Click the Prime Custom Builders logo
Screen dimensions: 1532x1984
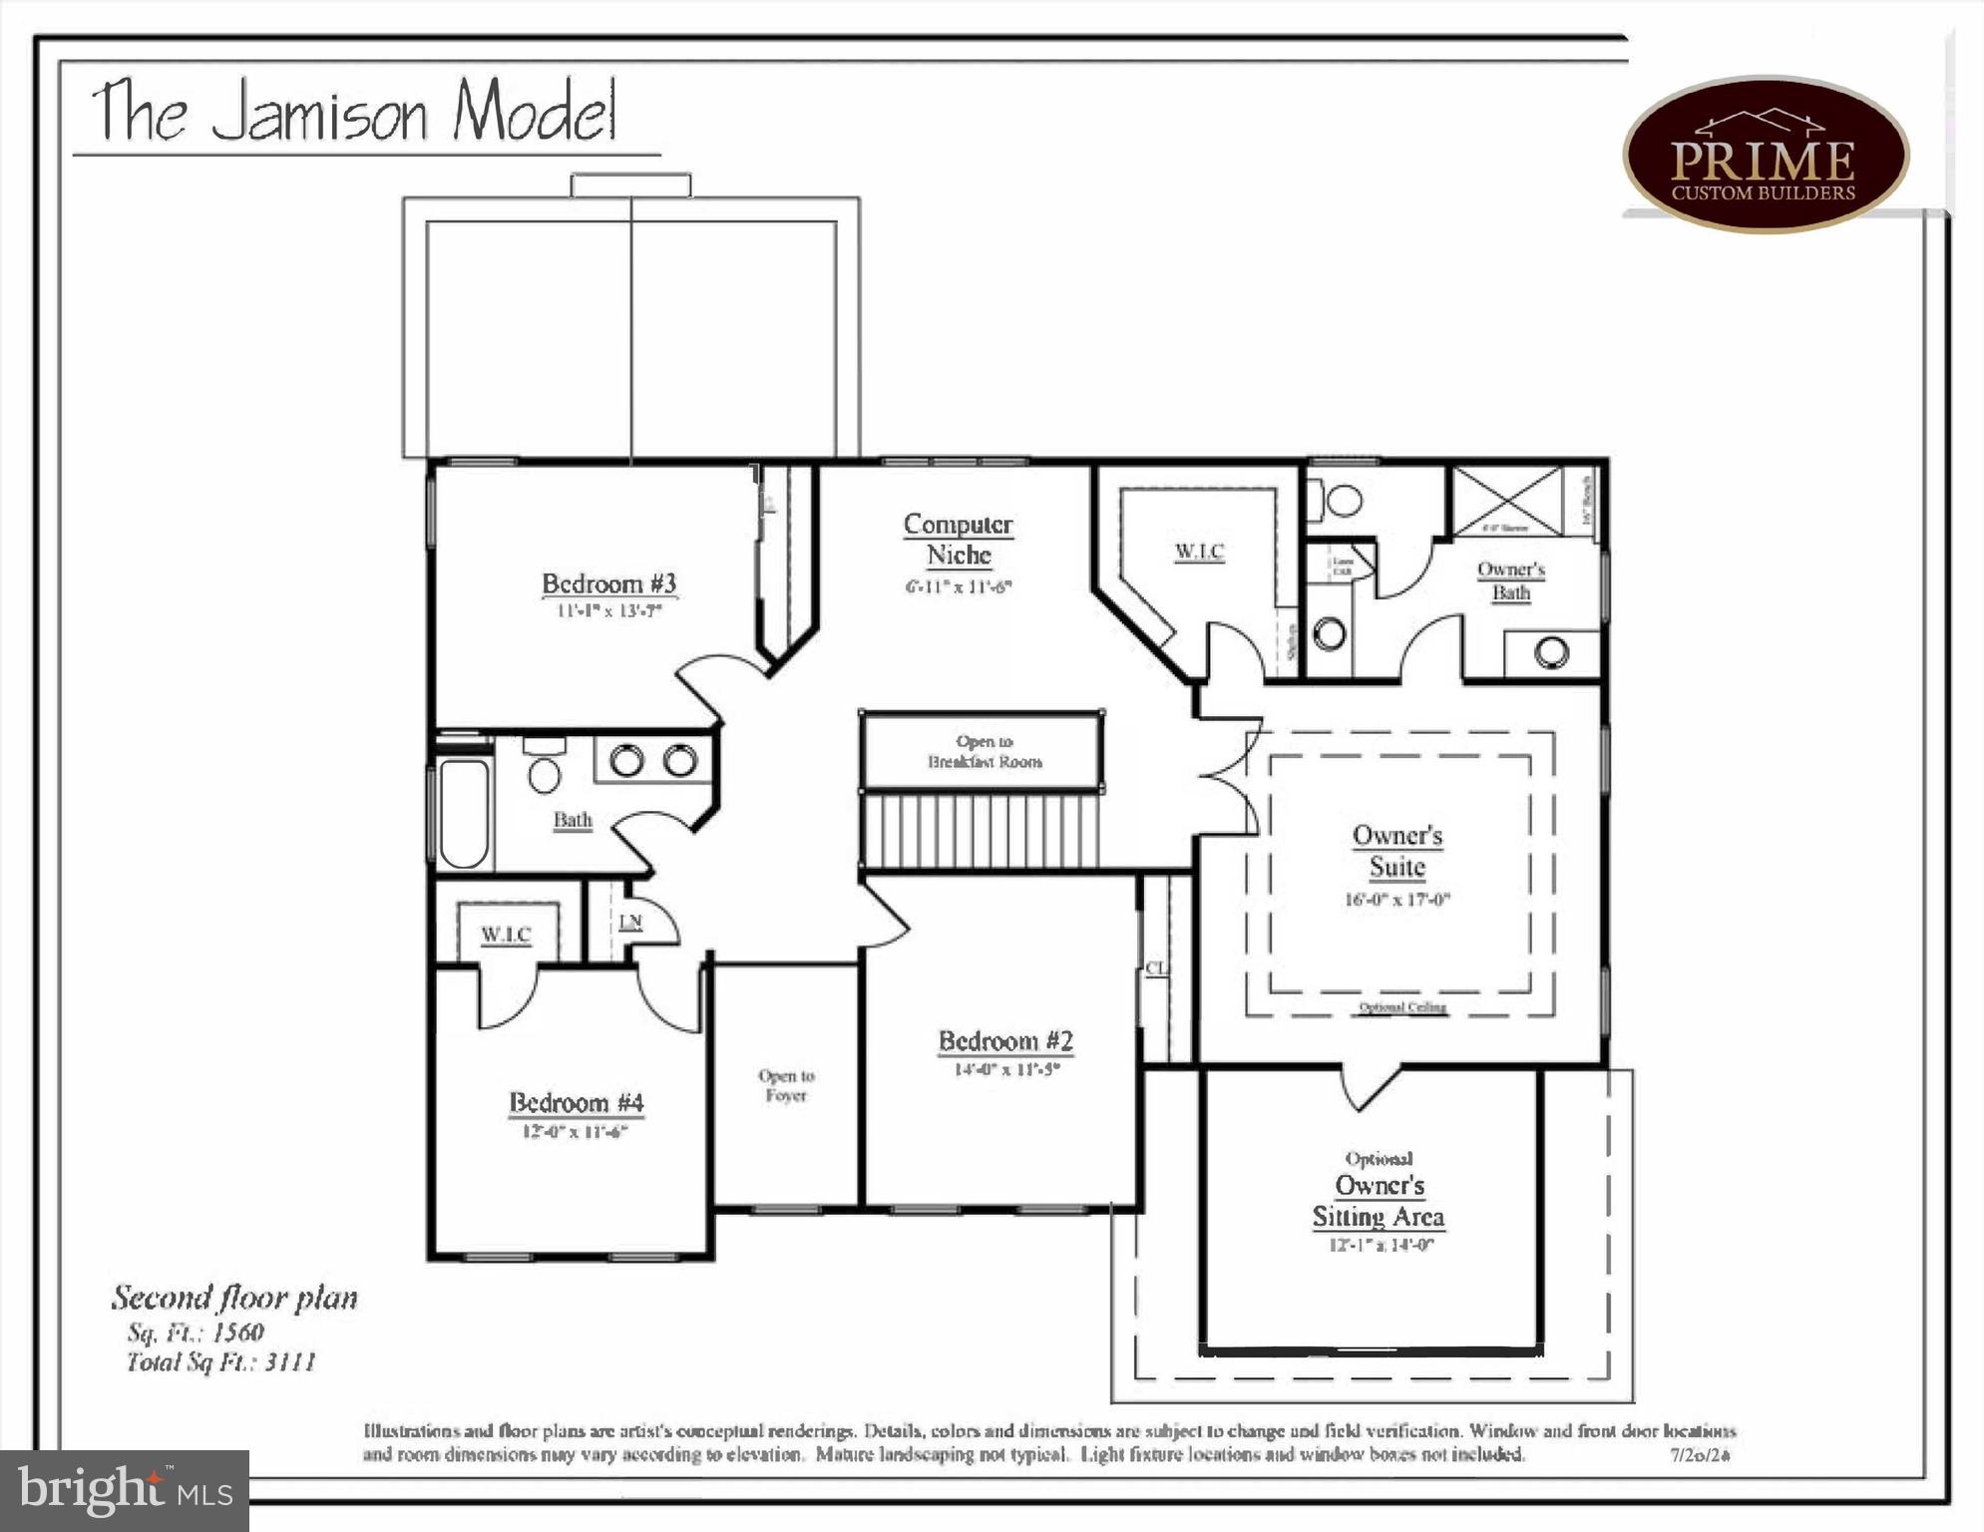(x=1765, y=156)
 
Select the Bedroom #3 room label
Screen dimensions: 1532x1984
(x=608, y=583)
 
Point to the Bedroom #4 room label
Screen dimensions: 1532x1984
(x=576, y=1102)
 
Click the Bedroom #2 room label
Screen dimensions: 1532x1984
(x=1004, y=1041)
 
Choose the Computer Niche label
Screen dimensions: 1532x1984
(x=958, y=539)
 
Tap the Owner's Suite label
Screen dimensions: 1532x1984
(x=1396, y=851)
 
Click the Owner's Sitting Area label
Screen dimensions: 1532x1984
(x=1379, y=1201)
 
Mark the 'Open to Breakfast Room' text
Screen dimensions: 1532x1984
(x=985, y=751)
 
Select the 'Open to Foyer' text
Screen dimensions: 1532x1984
(x=786, y=1085)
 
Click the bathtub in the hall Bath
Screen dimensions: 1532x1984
(x=464, y=813)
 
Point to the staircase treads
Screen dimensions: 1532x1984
(x=981, y=831)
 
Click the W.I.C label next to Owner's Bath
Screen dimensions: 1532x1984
(x=1199, y=551)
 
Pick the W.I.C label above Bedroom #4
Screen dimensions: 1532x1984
(x=506, y=935)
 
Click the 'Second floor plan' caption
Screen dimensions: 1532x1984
(x=234, y=1298)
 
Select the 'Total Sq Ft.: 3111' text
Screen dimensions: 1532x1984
(x=221, y=1362)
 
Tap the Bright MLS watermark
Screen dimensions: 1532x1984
(x=125, y=1490)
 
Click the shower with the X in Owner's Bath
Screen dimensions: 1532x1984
(x=1507, y=500)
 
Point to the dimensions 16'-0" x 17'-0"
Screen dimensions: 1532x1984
(x=1396, y=900)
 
